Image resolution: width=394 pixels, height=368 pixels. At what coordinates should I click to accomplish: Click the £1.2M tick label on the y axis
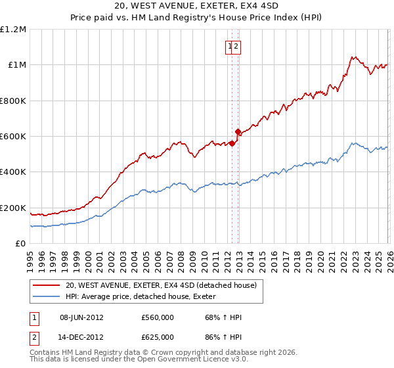point(13,29)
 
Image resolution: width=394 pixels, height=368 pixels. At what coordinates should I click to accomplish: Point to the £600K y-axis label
point(13,136)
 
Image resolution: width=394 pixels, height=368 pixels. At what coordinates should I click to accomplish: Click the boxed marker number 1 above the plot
point(230,47)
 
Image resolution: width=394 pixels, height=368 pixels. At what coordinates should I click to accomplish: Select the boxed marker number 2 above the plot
point(236,47)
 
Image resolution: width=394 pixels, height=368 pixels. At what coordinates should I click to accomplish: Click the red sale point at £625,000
point(238,131)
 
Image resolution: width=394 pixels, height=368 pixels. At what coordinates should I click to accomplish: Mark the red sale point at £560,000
point(232,143)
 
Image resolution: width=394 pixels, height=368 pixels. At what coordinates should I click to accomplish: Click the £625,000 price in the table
point(158,336)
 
